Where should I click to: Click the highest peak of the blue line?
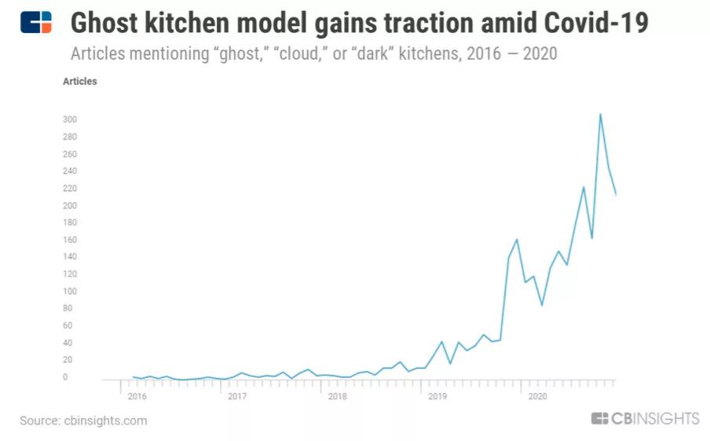coord(601,114)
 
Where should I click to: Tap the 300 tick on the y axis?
coord(69,119)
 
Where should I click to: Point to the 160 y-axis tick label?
coord(69,240)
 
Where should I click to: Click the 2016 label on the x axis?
coord(137,396)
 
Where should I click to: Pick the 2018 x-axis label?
coord(337,396)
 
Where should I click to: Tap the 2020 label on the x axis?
coord(537,396)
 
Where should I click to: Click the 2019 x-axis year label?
coord(437,396)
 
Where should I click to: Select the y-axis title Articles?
coord(80,81)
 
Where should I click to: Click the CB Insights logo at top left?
coord(36,22)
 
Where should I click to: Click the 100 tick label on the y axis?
coord(69,292)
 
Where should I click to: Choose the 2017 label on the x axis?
coord(237,396)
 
